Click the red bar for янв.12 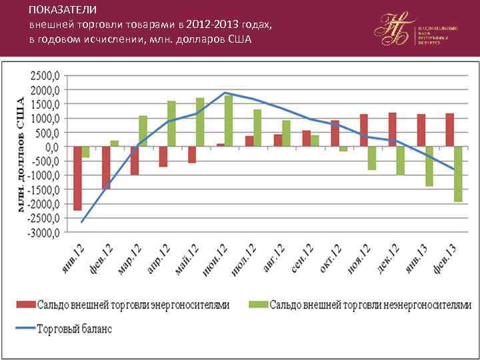point(77,178)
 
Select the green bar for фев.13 point(458,174)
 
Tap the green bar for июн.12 point(229,121)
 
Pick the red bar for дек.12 point(393,129)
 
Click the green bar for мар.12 point(143,131)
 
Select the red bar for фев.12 point(106,167)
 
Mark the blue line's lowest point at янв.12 point(82,221)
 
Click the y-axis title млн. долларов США point(20,154)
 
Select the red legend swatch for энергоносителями point(26,305)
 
